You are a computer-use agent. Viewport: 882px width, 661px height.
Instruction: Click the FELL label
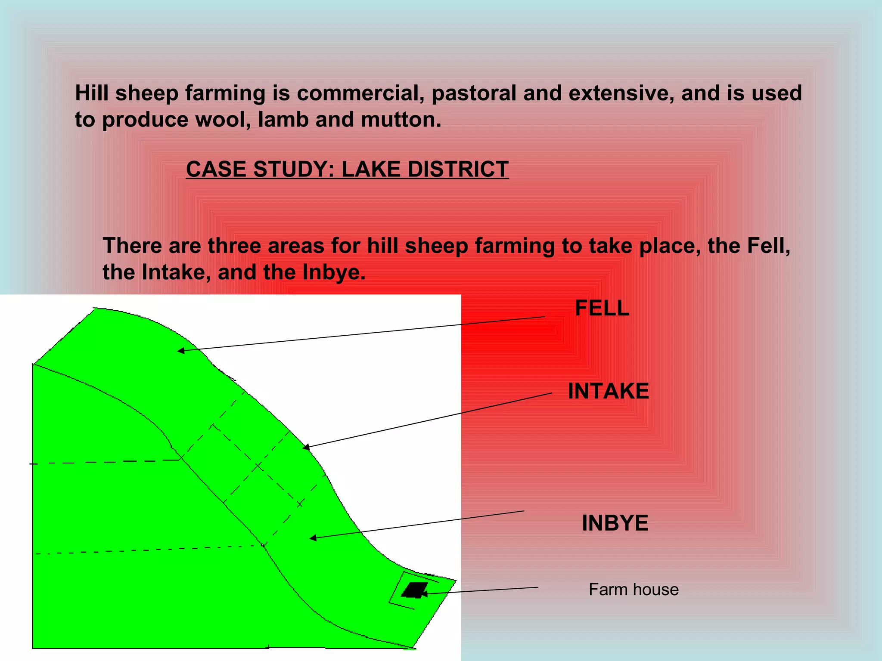point(602,309)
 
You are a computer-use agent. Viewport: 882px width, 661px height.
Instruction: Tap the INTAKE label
point(608,391)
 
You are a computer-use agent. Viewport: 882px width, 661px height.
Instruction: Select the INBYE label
point(615,523)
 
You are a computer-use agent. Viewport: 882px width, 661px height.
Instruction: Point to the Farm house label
point(634,590)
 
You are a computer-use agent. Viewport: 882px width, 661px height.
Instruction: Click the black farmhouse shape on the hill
point(414,590)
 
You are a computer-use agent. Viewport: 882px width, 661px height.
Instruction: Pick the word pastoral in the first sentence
point(474,93)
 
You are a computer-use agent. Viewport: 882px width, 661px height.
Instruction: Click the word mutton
point(401,120)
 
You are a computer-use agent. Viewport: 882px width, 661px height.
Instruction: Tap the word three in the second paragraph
point(234,246)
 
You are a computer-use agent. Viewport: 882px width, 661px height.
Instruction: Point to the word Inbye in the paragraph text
point(334,272)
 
